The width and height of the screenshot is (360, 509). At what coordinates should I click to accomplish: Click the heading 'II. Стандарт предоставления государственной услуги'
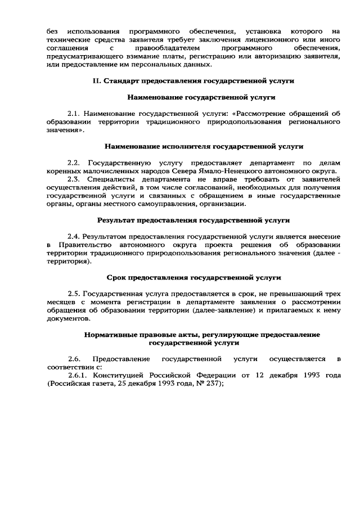click(193, 81)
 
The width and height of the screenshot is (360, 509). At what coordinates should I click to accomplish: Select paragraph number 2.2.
click(74, 163)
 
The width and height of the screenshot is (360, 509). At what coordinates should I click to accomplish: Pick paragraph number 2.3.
click(74, 179)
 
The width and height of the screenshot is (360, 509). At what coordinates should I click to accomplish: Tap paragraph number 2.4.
click(74, 236)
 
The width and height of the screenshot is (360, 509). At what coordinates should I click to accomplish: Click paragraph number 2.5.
click(74, 294)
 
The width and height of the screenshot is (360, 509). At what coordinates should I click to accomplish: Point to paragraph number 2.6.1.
click(78, 375)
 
